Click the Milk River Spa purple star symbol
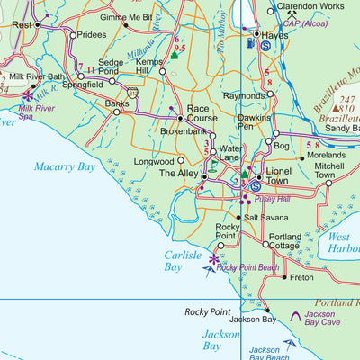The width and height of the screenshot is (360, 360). pos(29,94)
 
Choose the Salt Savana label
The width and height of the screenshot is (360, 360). pos(267,218)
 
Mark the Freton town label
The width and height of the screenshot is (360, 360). pos(301,278)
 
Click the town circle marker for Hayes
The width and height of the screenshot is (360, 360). pos(257,34)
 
